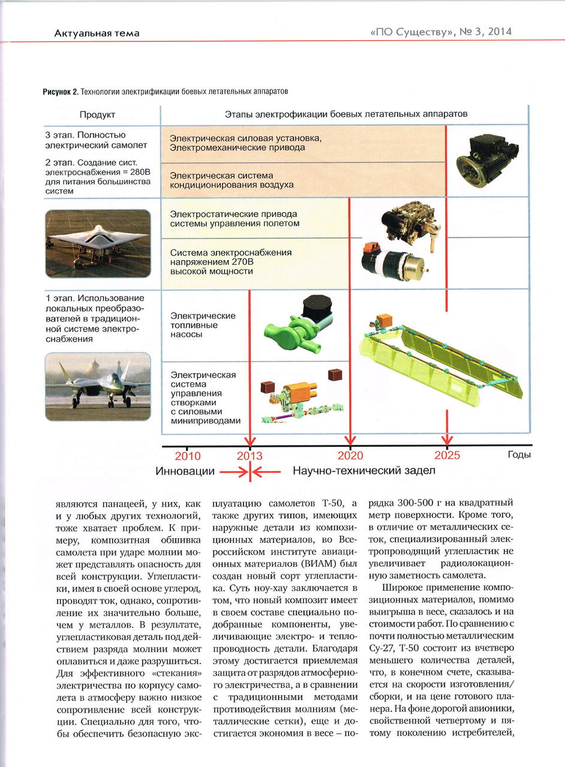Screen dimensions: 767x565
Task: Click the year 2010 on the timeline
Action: coord(188,455)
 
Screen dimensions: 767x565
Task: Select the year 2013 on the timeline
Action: coord(250,455)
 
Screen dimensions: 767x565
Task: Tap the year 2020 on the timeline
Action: coord(350,455)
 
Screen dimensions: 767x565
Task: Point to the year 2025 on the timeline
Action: coord(447,455)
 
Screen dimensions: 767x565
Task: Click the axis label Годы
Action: coord(519,455)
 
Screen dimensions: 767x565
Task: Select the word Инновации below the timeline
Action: coord(185,472)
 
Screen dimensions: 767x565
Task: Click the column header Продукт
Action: coord(97,114)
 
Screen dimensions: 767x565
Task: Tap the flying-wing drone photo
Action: coord(98,243)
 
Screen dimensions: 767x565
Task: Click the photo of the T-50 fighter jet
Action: coord(98,386)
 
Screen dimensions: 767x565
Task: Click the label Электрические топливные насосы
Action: coord(194,325)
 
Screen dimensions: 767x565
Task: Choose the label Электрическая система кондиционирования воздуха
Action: coord(232,180)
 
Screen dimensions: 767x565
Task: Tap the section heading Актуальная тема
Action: coord(97,33)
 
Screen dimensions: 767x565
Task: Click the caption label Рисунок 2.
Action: coord(60,92)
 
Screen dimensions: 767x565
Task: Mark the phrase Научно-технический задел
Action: coord(363,472)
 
